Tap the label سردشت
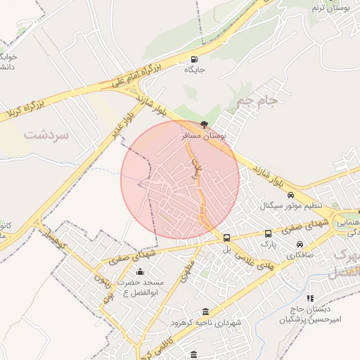(46, 134)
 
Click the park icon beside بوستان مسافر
(205, 124)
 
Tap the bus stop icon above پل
(226, 238)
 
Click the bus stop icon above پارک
(268, 233)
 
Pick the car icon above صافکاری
(300, 244)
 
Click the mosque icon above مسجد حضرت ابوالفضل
(139, 271)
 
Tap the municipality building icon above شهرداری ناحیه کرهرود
(205, 311)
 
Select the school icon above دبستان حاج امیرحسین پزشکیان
(310, 298)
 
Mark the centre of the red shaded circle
(180, 180)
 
